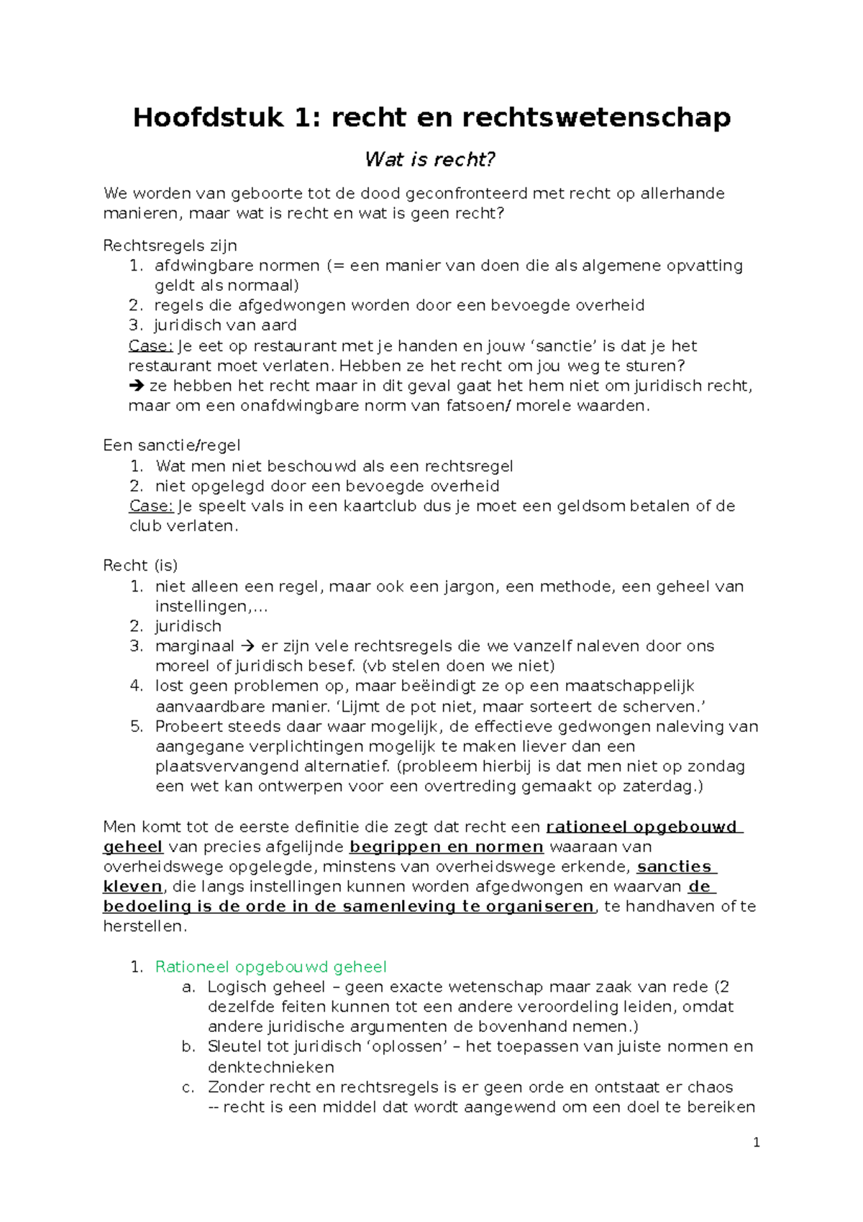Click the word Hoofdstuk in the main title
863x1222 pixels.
point(208,117)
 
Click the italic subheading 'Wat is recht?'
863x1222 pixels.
point(430,159)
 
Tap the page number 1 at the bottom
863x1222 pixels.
point(756,1143)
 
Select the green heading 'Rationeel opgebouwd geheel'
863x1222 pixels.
point(270,967)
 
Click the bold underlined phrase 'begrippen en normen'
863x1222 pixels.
point(446,847)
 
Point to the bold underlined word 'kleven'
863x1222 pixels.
point(132,887)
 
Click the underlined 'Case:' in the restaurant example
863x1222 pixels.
point(150,346)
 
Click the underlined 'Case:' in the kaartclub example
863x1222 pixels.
point(151,506)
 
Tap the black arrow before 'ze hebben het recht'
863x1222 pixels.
point(137,386)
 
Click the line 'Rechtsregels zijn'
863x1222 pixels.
point(170,245)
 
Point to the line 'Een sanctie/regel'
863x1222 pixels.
point(171,445)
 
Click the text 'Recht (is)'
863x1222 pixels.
point(140,566)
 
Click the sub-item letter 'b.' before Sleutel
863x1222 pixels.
point(188,1046)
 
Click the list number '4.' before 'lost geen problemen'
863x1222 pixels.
point(137,686)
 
